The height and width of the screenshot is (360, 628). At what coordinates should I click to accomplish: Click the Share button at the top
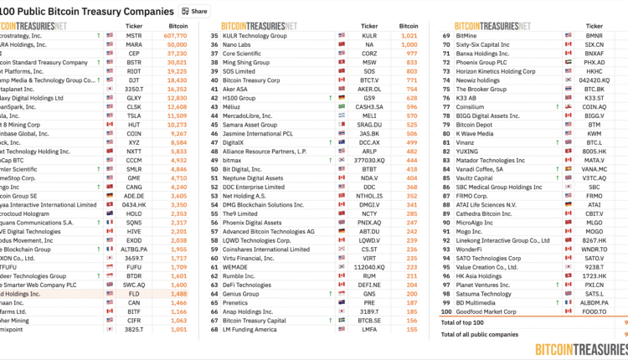[x=194, y=11]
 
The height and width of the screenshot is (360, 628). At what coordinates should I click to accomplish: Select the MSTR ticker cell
[x=134, y=37]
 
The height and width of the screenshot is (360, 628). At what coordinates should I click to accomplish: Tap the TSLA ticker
[x=134, y=116]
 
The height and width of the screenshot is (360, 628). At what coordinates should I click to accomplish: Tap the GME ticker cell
[x=134, y=177]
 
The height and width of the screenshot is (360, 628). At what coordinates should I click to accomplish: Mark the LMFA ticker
[x=369, y=329]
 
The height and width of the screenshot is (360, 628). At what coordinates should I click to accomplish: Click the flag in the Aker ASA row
[x=342, y=90]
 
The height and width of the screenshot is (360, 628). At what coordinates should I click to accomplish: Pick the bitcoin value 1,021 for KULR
[x=409, y=37]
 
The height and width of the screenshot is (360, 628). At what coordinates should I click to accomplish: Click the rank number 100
[x=448, y=311]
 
